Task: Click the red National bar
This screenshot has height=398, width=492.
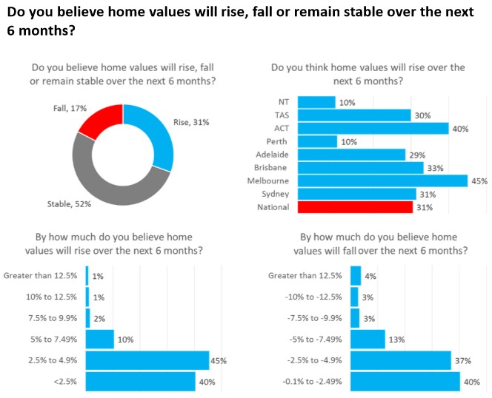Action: point(354,207)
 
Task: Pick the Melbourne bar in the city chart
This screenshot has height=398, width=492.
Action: point(382,180)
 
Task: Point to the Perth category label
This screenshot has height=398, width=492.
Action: point(276,141)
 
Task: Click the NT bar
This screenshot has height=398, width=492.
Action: point(316,102)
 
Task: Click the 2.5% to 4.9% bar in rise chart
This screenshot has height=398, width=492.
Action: point(147,360)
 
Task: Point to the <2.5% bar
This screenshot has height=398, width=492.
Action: point(140,382)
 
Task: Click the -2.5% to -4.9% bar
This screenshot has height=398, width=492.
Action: point(400,360)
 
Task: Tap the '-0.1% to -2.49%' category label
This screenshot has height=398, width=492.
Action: point(304,382)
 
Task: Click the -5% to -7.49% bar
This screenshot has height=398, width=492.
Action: point(367,340)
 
